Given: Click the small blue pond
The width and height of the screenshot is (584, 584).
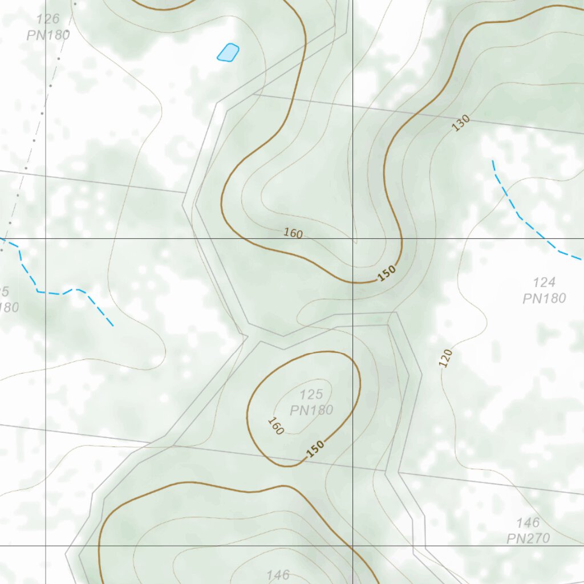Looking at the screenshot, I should coord(228,52).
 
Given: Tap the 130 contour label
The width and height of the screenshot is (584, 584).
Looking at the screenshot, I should coord(461,123).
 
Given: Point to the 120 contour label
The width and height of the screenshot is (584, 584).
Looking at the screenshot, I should coord(446,358).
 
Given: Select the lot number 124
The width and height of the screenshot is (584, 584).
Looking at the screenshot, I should coord(544,282).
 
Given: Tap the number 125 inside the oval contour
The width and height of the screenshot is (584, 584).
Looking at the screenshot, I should coord(311,394).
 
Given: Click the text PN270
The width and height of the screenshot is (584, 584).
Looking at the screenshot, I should coord(528,538).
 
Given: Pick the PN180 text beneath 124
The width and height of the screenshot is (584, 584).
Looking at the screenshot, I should coord(544,298).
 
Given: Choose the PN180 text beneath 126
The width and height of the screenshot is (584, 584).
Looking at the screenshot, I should coord(48,35).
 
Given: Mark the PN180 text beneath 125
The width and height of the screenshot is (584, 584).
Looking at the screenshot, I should coord(311,410).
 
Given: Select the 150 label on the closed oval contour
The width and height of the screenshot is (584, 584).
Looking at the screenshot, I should coord(315,449).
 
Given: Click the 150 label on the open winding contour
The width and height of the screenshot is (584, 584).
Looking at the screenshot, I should coord(387,274).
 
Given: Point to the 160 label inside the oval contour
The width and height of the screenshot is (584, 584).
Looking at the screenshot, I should coord(275,426).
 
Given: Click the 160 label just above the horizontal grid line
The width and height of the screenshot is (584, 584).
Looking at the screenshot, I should coord(293,233).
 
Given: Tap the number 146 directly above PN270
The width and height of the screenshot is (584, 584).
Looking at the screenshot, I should coord(528,522).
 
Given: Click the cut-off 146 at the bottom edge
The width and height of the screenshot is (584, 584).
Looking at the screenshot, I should coord(278,575).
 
